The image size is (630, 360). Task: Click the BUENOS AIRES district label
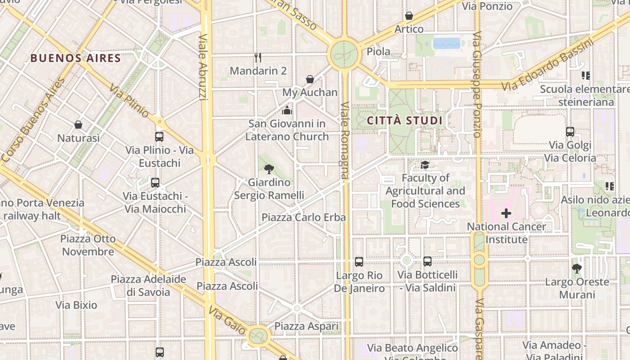[x=76, y=58]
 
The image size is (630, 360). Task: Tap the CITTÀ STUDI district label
[x=405, y=121]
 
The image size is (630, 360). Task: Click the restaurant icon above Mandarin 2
[x=258, y=57]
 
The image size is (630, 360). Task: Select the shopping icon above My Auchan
[x=310, y=79]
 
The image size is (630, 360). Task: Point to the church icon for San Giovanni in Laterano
[x=287, y=110]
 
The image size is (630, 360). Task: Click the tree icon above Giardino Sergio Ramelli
[x=269, y=169]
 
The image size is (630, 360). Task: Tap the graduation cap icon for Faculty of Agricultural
[x=425, y=165]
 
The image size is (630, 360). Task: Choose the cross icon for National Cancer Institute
[x=506, y=213]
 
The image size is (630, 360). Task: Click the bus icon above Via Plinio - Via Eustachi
[x=159, y=137]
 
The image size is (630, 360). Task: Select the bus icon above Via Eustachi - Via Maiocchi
[x=155, y=183]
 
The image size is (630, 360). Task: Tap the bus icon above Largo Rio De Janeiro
[x=359, y=262]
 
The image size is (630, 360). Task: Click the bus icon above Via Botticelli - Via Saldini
[x=427, y=261]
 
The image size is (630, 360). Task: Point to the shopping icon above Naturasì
[x=78, y=125]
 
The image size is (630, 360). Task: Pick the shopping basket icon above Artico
[x=409, y=16]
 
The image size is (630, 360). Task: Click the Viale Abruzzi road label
[x=203, y=67]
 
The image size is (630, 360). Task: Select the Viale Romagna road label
[x=345, y=139]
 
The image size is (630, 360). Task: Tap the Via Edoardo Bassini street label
[x=548, y=66]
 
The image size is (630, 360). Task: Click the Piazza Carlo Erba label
[x=304, y=217]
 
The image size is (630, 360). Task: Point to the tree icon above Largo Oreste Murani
[x=577, y=269]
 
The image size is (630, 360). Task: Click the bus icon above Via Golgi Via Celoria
[x=570, y=132]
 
